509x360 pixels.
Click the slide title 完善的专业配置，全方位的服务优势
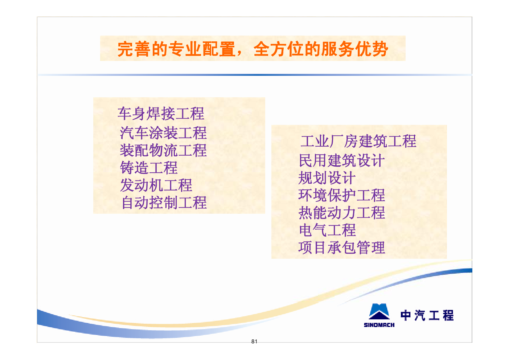coord(253,49)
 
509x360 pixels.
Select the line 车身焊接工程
coord(161,114)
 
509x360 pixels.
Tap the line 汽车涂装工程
coord(163,133)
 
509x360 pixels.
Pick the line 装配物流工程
coord(163,150)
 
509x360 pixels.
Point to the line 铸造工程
coord(149,168)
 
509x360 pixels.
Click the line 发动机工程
coord(156,185)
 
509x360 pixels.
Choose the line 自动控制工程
coord(164,202)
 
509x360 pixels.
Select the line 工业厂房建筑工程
coord(358,141)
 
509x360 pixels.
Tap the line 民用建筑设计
coord(341,160)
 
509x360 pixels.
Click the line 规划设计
coord(327,178)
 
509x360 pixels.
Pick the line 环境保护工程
coord(341,195)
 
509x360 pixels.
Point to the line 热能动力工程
coord(342,213)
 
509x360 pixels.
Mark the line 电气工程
coord(328,230)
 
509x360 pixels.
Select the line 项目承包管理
coord(341,247)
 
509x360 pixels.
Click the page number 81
coord(254,341)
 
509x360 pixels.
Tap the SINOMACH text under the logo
coord(379,325)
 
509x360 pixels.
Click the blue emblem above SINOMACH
coord(379,312)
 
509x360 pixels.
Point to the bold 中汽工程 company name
coord(427,315)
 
